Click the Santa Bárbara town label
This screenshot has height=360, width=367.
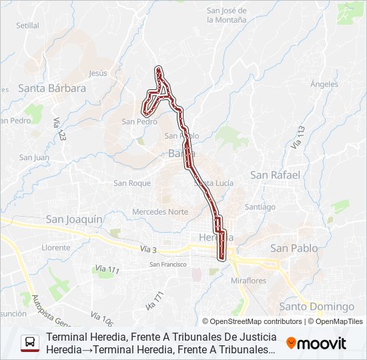[x=52, y=87]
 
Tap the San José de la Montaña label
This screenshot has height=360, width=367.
[x=226, y=15]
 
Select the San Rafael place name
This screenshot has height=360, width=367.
[x=275, y=175]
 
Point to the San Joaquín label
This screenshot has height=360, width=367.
[x=74, y=219]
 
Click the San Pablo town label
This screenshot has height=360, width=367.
[x=294, y=247]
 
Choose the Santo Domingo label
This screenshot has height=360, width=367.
[x=317, y=306]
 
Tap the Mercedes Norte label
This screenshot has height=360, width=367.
[x=159, y=211]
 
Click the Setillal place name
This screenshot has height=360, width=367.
[x=28, y=25]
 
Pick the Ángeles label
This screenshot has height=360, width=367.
[x=324, y=84]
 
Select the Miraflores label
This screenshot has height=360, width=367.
[x=248, y=281]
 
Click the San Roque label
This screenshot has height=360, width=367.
[x=132, y=183]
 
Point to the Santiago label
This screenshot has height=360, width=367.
[x=260, y=207]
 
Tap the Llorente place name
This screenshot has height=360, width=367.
[x=56, y=247]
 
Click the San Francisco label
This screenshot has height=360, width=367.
[x=167, y=264]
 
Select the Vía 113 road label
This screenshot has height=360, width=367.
[x=298, y=136]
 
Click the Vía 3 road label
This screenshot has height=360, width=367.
[x=148, y=249]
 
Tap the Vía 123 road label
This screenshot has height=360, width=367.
[x=59, y=128]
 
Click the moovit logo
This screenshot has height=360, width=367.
[x=316, y=343]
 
